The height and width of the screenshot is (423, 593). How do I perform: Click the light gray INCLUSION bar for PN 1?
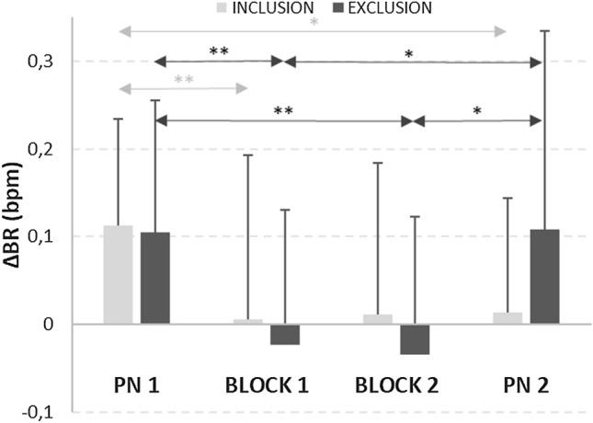[118, 275]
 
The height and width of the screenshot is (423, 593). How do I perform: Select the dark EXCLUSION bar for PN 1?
[154, 278]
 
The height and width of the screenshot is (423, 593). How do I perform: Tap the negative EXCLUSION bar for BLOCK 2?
[415, 339]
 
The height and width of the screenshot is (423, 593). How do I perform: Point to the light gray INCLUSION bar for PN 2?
[507, 318]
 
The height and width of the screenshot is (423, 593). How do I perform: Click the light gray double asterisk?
[183, 81]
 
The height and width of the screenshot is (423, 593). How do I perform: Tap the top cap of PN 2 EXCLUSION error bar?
[544, 30]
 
